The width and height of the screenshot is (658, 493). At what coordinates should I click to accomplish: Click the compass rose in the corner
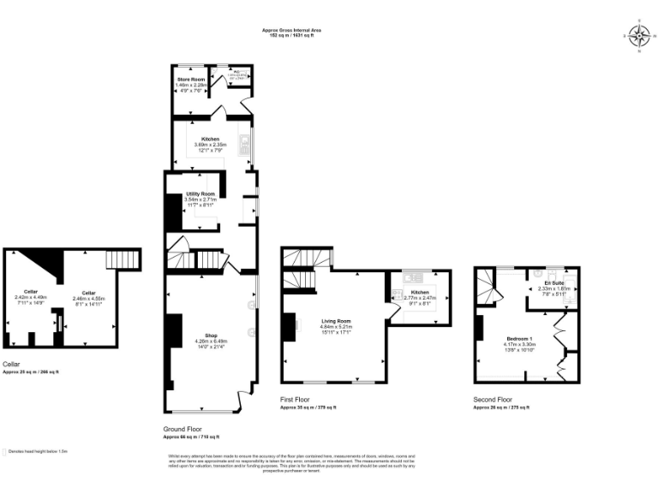(x=638, y=35)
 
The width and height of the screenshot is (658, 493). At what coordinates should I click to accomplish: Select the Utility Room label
(x=200, y=194)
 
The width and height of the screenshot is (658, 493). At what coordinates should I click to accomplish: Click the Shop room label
(x=211, y=335)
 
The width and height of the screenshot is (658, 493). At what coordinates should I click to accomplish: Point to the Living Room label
(x=336, y=321)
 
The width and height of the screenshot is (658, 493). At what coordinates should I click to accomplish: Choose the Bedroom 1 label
(x=519, y=338)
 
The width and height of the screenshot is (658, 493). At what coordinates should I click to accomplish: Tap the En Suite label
(x=553, y=282)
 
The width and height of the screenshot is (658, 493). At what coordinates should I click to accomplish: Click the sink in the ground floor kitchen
(x=245, y=142)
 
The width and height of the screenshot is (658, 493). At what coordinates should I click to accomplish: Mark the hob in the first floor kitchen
(x=396, y=294)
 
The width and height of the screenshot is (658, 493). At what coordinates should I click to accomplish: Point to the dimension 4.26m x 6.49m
(x=211, y=341)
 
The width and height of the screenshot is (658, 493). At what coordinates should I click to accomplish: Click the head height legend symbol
(x=5, y=450)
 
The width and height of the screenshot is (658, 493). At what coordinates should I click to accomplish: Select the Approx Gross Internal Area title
(x=292, y=30)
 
